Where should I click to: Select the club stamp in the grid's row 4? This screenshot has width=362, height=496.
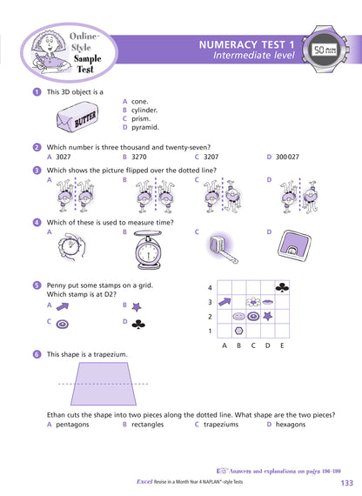point(282,287)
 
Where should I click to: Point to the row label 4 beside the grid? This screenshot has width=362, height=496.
point(209,287)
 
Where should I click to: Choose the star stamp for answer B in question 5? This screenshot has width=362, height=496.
point(137,306)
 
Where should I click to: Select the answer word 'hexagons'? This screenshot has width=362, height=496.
point(294,425)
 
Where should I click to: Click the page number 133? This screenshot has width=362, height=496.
point(346,483)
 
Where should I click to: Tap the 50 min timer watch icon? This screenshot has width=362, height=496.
point(325,51)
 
